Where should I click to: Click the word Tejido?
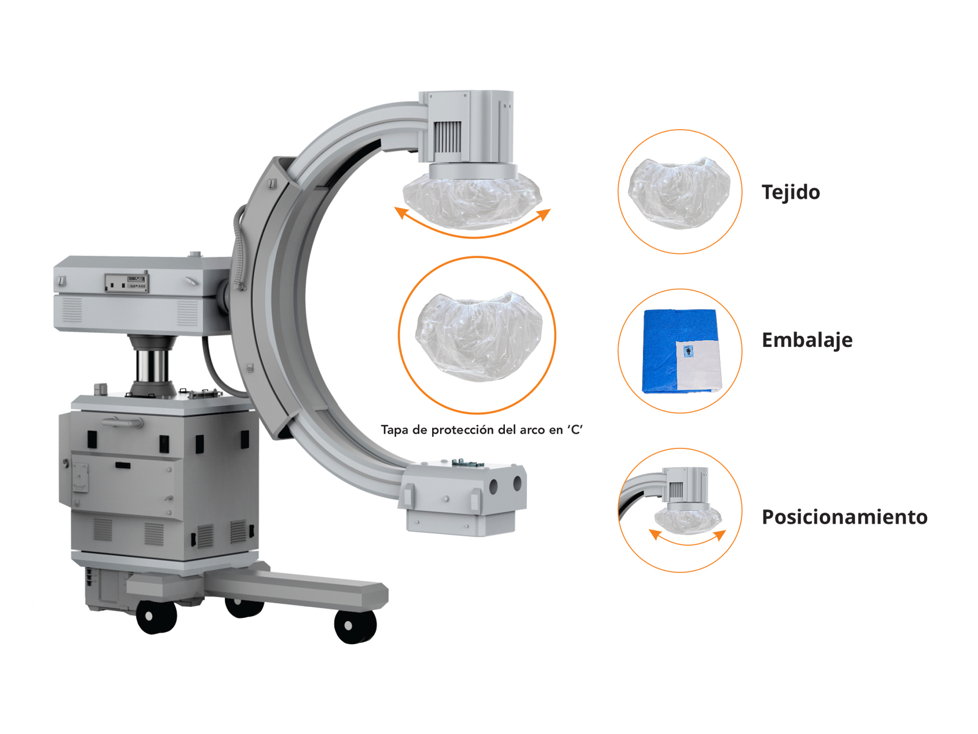790,193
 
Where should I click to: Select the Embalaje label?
807,340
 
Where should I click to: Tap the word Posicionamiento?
844,517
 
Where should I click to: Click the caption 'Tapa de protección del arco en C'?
482,429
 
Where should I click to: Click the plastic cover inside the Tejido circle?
679,193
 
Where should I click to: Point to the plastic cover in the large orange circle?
479,337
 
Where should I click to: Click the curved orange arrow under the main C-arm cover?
472,235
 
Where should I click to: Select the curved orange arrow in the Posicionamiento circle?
688,543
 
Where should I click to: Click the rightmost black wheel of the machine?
355,626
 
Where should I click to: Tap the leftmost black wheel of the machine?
156,617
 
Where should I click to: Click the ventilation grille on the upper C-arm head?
447,137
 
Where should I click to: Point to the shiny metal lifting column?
152,365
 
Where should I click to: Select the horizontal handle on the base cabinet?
122,421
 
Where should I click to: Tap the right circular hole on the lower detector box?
517,483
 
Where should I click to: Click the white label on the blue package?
698,365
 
